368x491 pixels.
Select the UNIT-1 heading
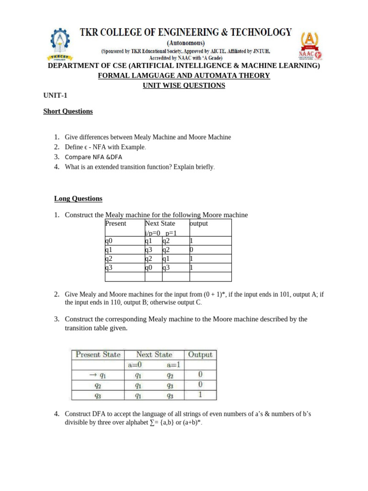point(56,96)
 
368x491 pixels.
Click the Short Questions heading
point(68,111)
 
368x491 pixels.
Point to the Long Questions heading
point(78,199)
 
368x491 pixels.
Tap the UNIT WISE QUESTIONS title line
point(184,85)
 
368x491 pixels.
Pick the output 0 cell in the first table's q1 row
point(192,250)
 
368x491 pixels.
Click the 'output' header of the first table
point(199,223)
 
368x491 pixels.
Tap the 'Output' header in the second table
point(200,355)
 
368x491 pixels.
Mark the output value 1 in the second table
point(200,395)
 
